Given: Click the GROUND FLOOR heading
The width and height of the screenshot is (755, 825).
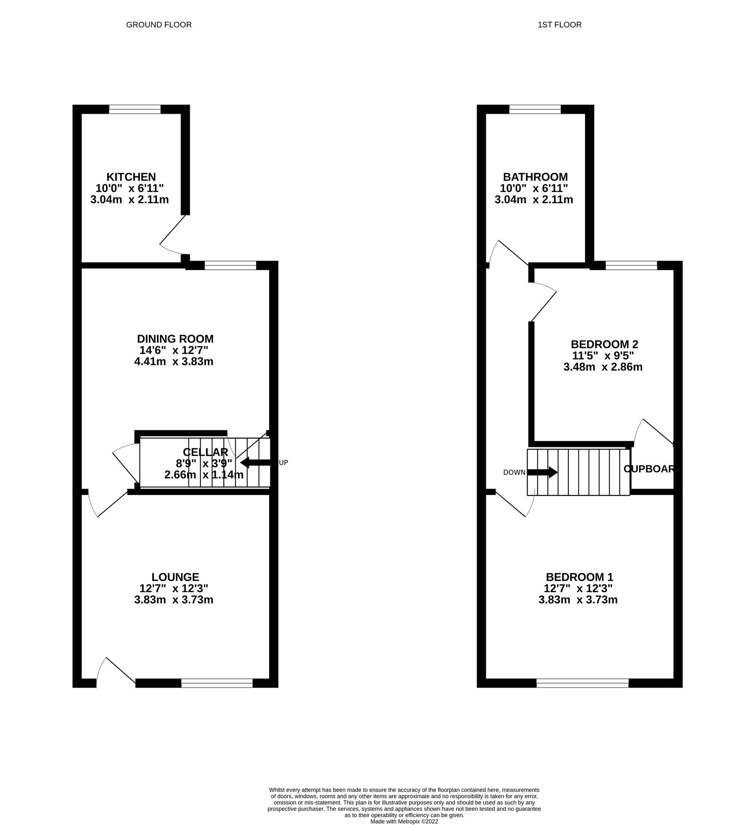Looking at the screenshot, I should point(159,25).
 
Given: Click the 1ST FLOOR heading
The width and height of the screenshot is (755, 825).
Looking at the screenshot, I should point(559,25).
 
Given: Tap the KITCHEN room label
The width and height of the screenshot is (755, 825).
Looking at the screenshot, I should point(131,177).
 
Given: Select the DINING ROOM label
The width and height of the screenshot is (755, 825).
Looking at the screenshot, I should point(175,339).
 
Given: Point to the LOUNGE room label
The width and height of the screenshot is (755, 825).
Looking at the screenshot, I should point(175,577).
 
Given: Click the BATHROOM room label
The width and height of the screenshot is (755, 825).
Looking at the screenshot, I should point(535,177).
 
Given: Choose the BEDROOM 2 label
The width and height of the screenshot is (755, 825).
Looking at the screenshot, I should point(604,344).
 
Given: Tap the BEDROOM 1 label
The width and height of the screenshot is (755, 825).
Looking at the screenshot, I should point(579,577).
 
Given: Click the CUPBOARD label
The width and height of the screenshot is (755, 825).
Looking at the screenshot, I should point(649,469).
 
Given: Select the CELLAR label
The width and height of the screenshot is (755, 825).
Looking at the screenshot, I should point(205,452).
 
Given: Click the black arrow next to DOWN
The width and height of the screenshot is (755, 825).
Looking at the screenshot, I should point(542,472).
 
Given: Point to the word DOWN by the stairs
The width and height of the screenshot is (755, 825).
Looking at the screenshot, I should point(514,473).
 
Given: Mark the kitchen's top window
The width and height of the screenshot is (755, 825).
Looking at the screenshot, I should point(135,109).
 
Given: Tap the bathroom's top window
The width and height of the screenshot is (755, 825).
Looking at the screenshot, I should point(535,109).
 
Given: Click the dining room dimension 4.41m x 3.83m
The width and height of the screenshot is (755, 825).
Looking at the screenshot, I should point(174,362).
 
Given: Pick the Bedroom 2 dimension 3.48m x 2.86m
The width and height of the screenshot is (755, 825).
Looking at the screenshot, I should point(603,367).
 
